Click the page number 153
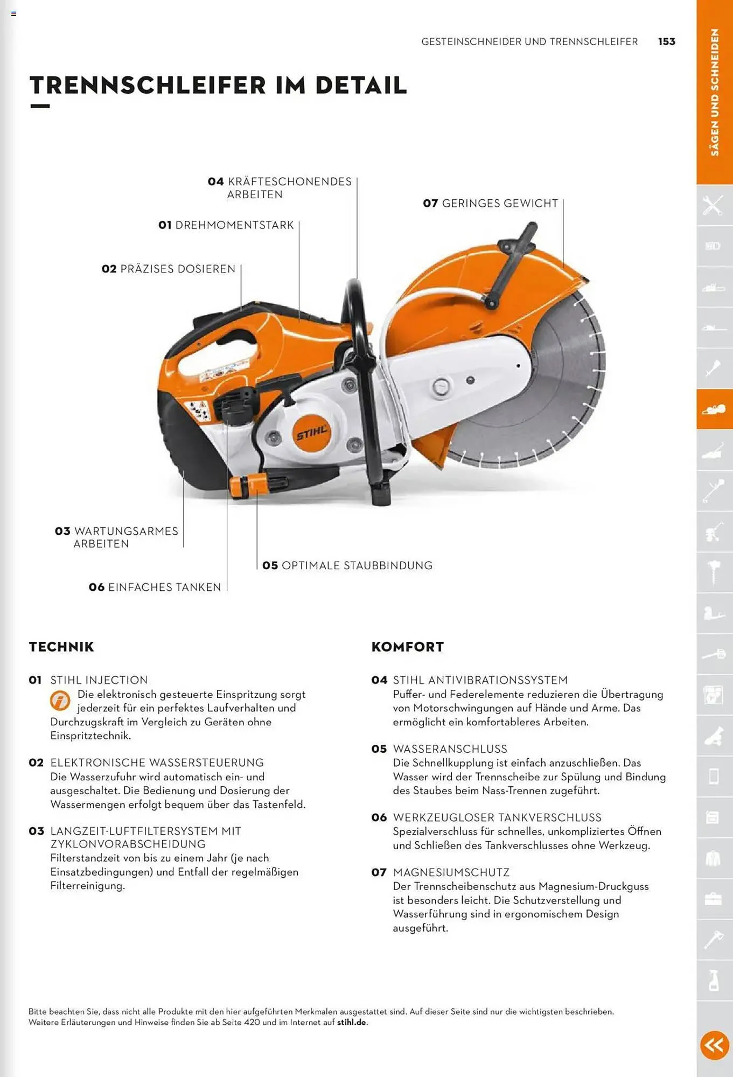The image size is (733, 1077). (666, 41)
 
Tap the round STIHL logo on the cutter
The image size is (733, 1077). (311, 433)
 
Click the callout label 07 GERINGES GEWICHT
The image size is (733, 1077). (491, 204)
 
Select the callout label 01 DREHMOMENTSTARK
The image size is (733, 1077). (226, 225)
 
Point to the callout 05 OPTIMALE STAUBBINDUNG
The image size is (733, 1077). (347, 565)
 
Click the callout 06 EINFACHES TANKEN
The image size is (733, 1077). (155, 587)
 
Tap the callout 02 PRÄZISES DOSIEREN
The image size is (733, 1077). (169, 269)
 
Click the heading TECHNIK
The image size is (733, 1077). (61, 647)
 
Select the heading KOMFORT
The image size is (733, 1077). (408, 647)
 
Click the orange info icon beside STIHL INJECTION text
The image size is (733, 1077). (60, 700)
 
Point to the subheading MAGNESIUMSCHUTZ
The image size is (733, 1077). (451, 872)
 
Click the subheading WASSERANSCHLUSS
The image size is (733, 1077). (450, 749)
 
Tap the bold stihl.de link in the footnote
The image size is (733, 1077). (352, 1022)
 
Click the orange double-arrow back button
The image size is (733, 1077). (714, 1045)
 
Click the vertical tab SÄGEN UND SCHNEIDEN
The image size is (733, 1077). (715, 92)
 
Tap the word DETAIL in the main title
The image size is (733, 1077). (361, 86)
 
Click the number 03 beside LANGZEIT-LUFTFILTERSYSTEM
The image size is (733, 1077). (36, 831)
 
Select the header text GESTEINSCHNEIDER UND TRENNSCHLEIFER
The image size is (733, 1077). (529, 41)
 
